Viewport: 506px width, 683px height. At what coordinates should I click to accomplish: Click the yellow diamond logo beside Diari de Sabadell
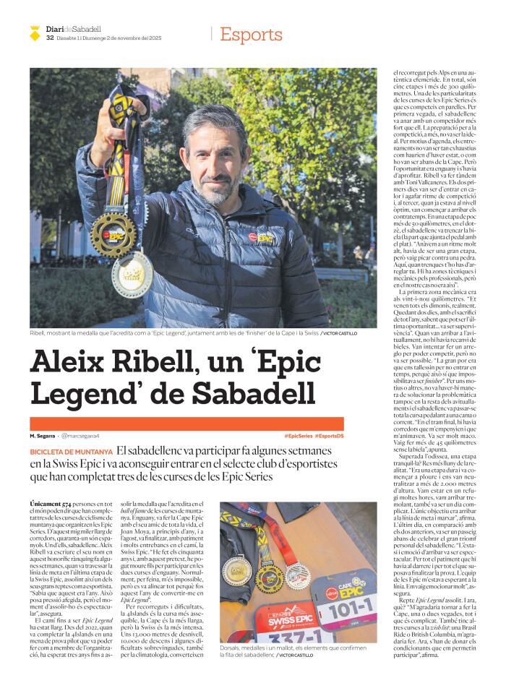34,31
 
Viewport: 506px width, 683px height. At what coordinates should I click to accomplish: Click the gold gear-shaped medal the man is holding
114,233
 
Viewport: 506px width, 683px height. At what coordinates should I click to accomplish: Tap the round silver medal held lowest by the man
132,276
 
